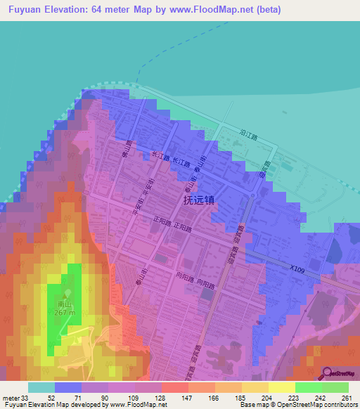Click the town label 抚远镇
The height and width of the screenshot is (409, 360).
click(x=199, y=200)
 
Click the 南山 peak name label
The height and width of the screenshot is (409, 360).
click(x=63, y=305)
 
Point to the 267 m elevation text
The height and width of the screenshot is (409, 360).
click(x=63, y=313)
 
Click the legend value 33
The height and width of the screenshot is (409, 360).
click(x=25, y=397)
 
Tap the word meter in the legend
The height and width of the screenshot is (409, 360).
click(x=10, y=397)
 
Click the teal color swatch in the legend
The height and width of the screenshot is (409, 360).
click(x=41, y=387)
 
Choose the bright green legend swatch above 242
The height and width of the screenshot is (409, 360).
click(x=308, y=387)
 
